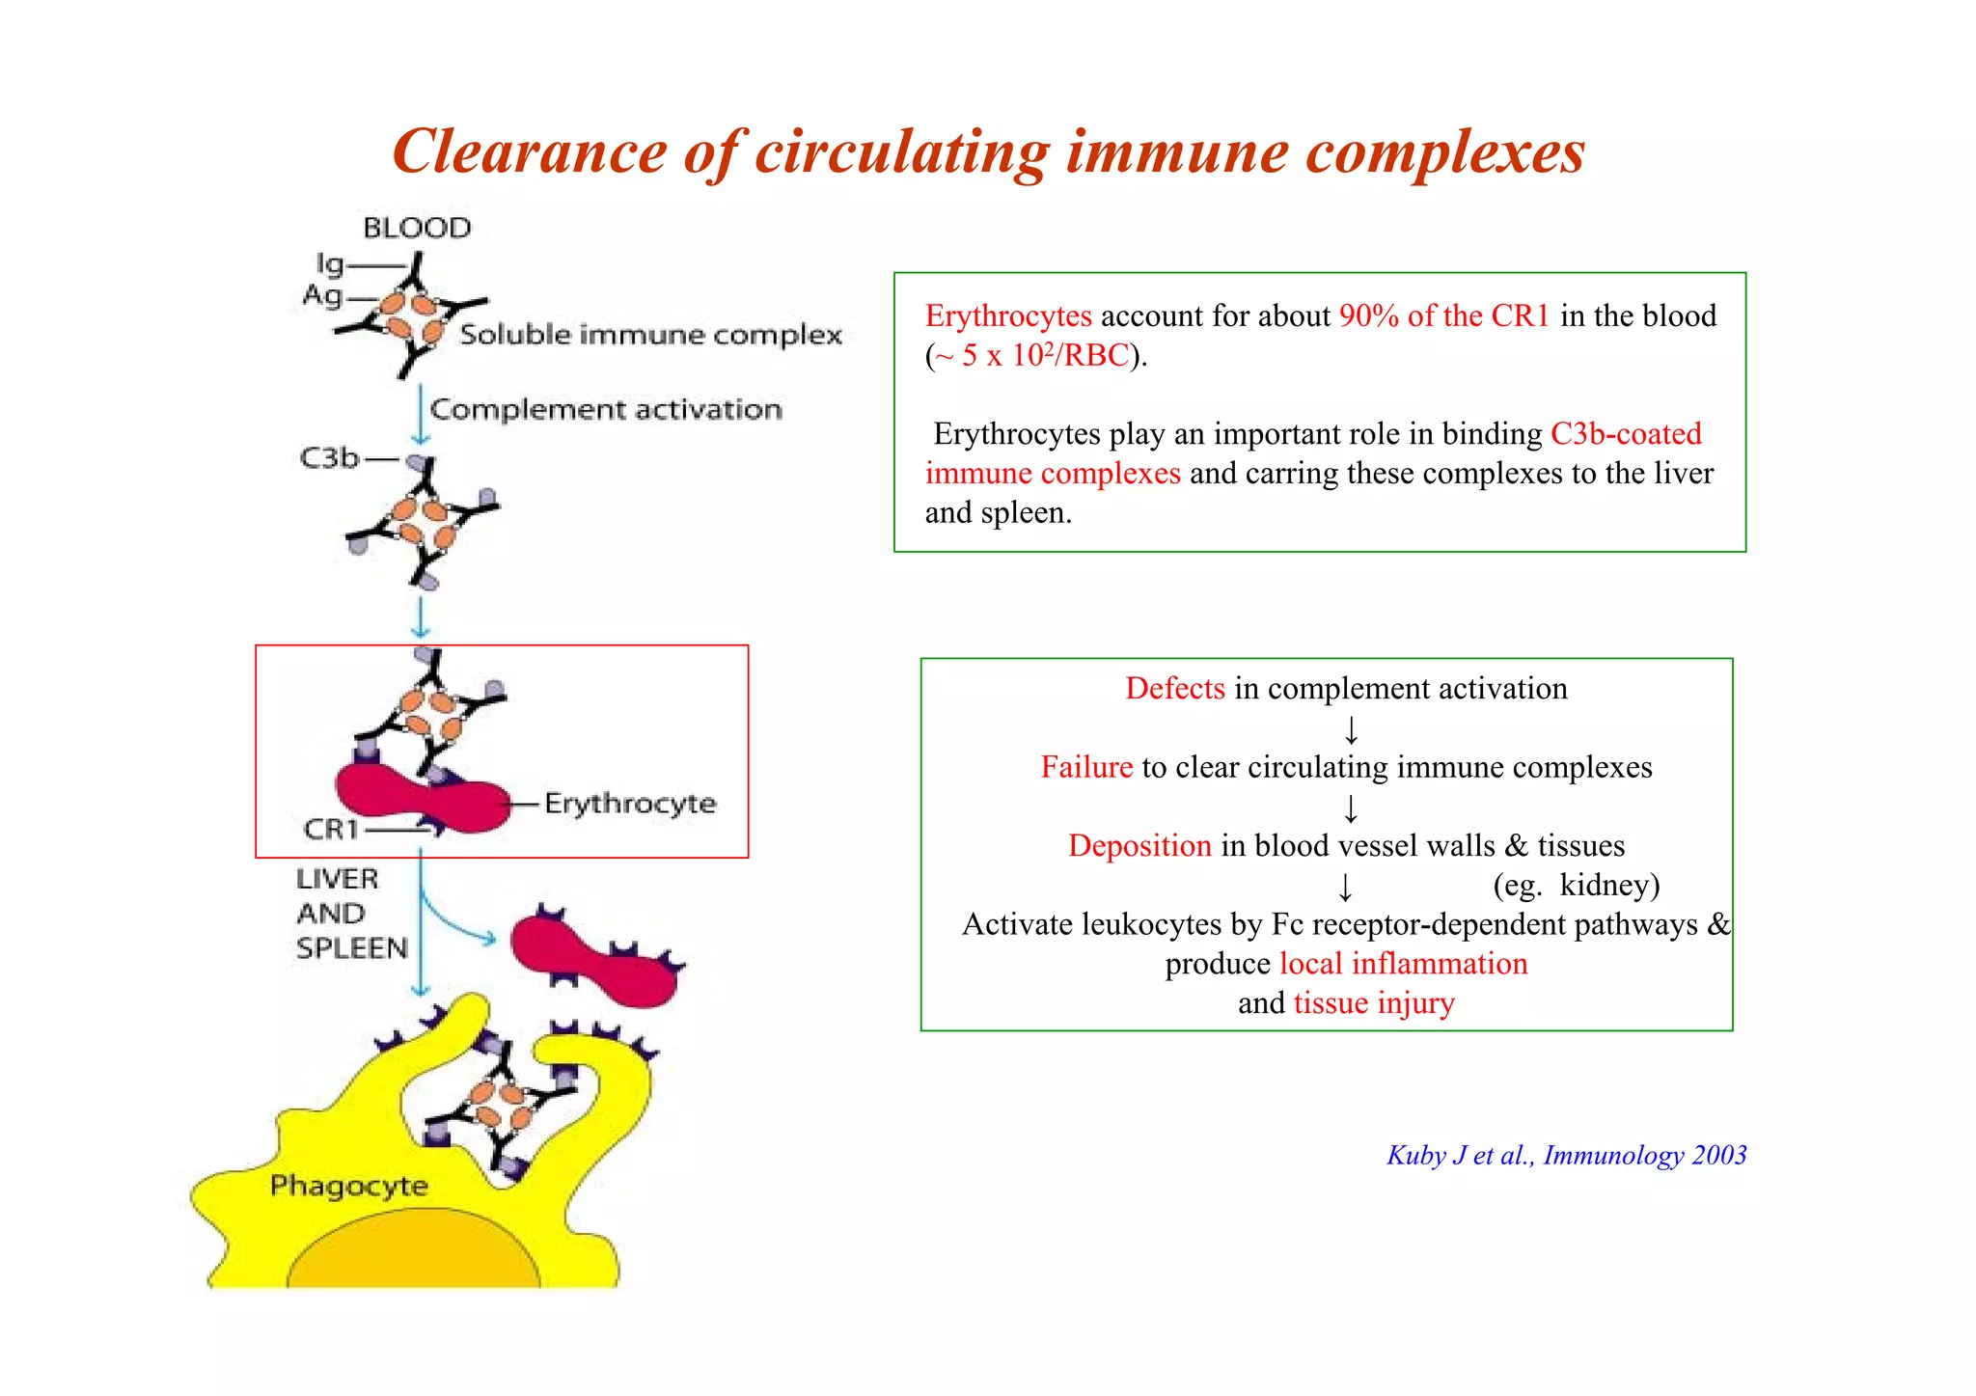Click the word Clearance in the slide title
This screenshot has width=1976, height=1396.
click(530, 152)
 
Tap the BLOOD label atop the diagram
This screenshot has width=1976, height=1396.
click(417, 229)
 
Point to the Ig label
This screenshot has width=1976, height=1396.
click(330, 263)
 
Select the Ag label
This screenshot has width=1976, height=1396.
click(322, 295)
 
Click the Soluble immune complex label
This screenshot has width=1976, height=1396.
click(650, 335)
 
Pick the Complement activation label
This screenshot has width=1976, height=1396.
click(606, 410)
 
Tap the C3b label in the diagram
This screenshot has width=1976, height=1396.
click(329, 458)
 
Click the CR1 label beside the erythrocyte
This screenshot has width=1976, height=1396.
click(331, 829)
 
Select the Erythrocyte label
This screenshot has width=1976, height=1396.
click(630, 803)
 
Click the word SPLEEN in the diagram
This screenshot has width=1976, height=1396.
click(352, 948)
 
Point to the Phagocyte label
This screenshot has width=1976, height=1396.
click(348, 1186)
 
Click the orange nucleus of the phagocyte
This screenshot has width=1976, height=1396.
click(413, 1254)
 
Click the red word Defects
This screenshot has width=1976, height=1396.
click(1174, 689)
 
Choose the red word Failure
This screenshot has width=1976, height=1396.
click(1085, 767)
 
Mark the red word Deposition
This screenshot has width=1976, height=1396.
click(1139, 846)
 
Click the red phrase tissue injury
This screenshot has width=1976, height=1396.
click(1373, 1003)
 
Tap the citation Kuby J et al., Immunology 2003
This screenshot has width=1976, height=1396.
click(1566, 1156)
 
